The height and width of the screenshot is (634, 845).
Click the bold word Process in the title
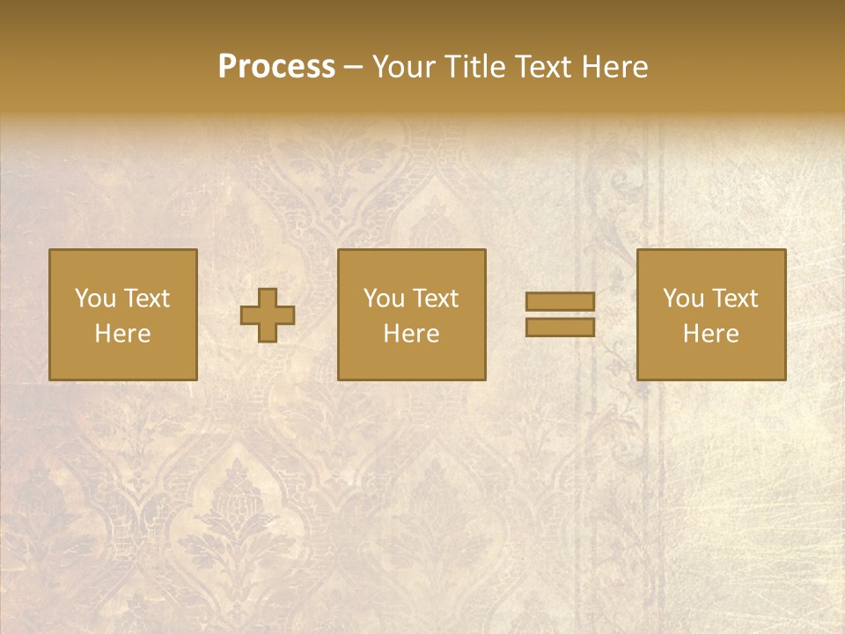point(276,67)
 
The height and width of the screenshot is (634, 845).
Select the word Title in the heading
point(475,67)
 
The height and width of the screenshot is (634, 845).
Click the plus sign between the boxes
point(268,315)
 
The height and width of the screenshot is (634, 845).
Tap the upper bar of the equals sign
point(560,301)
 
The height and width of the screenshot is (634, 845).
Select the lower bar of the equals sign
point(560,327)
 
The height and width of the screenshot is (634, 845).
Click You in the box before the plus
point(95,299)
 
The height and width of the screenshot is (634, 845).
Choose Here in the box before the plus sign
point(122,334)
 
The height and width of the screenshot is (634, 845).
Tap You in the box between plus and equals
point(385,299)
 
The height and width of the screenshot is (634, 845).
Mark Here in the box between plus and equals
point(411,334)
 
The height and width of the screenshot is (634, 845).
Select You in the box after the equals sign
point(683,299)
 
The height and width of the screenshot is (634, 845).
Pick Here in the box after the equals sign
point(710,334)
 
